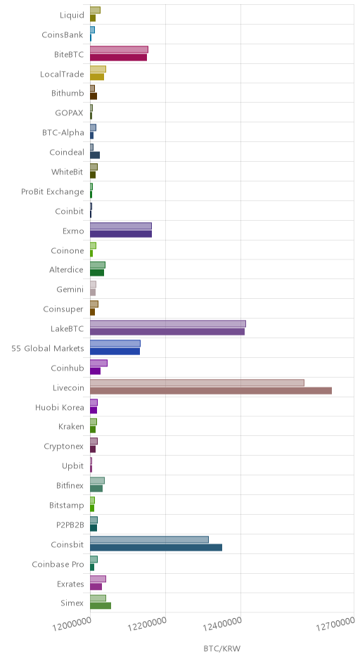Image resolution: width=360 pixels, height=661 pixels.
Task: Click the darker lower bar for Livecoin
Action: click(x=211, y=391)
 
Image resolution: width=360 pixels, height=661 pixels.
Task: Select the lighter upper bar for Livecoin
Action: click(x=197, y=383)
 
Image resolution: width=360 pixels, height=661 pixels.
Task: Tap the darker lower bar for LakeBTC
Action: click(x=167, y=332)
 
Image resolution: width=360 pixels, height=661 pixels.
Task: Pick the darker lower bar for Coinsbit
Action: click(x=156, y=548)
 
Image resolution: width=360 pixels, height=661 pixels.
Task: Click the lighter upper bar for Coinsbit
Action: click(x=149, y=539)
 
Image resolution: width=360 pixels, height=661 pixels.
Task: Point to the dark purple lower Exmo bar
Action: click(x=121, y=234)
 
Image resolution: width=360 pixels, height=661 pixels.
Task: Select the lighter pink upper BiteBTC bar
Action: click(x=119, y=50)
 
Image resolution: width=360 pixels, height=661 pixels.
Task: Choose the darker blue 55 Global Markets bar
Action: click(x=115, y=352)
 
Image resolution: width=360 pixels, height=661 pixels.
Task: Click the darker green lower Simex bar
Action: click(x=101, y=605)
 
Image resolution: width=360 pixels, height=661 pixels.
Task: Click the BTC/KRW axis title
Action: click(x=221, y=648)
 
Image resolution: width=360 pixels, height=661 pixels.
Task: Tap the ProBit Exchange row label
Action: click(x=53, y=192)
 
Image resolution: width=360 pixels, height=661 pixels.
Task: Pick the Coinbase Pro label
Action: click(x=58, y=565)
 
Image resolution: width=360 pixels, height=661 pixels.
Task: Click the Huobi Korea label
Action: click(x=60, y=408)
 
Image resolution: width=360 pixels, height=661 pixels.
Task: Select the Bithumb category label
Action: click(x=68, y=94)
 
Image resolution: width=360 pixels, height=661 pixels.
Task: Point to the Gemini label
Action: click(x=70, y=290)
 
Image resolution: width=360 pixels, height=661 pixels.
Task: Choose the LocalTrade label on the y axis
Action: click(x=62, y=75)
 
